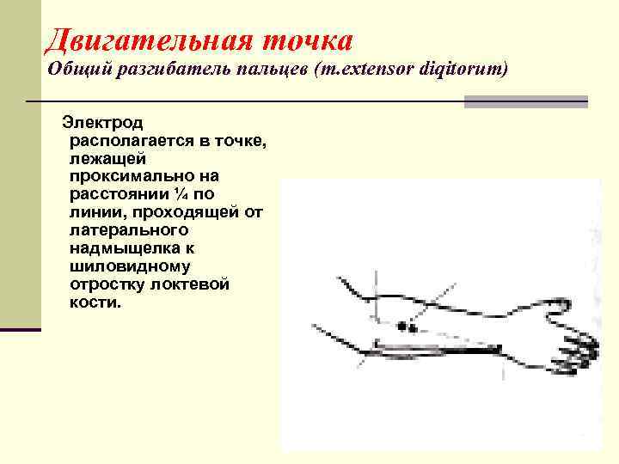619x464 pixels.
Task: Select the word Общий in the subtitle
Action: pos(76,70)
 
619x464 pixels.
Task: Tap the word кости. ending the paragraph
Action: pos(95,303)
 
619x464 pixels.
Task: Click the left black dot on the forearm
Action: pos(401,327)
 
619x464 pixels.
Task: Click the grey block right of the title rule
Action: pos(525,101)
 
